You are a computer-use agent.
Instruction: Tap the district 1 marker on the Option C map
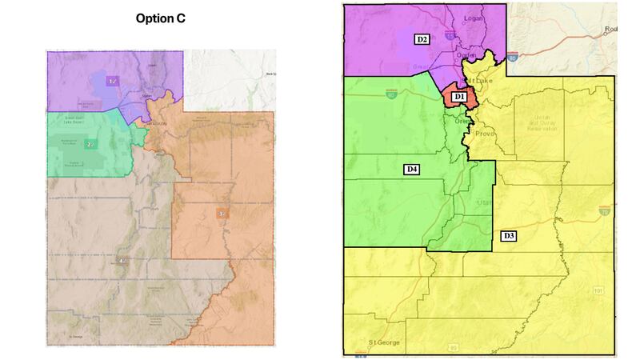tap(112, 79)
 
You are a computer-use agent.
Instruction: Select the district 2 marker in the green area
tap(90, 144)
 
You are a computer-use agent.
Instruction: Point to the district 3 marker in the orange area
tap(222, 214)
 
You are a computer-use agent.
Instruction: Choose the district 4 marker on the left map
tap(122, 261)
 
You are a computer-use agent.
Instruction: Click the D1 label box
tap(458, 97)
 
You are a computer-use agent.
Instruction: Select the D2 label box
tap(422, 38)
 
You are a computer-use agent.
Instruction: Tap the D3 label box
tap(508, 235)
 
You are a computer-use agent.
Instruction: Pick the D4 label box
tap(411, 169)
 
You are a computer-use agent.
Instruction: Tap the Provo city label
tap(486, 134)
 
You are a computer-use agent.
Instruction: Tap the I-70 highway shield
tap(604, 212)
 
